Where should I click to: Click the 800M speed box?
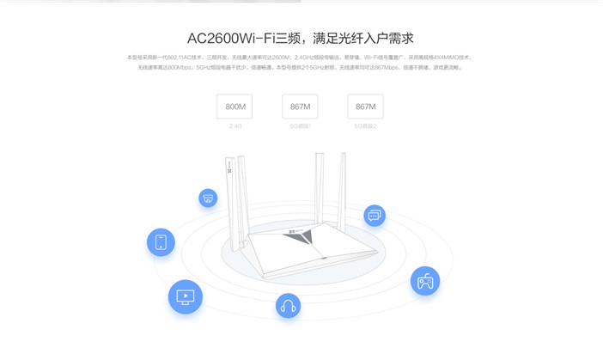coord(234,107)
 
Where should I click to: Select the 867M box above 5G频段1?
coord(300,107)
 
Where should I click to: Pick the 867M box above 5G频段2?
coord(365,107)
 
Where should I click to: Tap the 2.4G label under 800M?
coord(234,126)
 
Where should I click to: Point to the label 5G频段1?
coord(300,126)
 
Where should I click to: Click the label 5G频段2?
coord(365,126)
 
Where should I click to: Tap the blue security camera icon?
coord(208,198)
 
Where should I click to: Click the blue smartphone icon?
coord(161,242)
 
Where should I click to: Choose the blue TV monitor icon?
coord(185,297)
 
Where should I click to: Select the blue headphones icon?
coord(288,305)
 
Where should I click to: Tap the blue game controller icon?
coord(424,281)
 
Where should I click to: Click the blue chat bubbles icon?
coord(375,216)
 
